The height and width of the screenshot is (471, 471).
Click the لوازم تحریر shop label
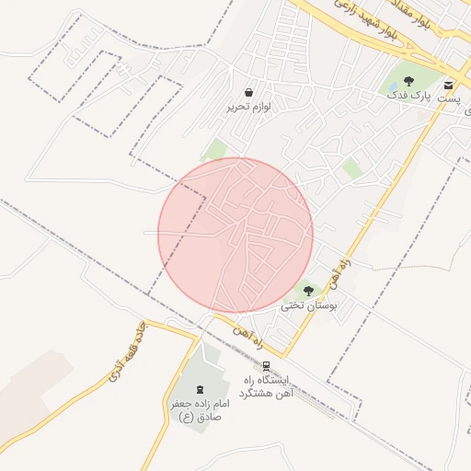click(x=249, y=107)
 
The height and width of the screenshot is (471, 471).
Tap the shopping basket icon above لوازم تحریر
click(x=249, y=93)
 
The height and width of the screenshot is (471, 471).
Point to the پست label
click(x=448, y=98)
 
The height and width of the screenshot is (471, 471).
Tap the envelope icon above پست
click(x=448, y=85)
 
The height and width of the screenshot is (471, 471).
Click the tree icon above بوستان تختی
click(x=308, y=291)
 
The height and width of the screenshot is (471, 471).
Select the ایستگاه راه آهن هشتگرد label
click(x=266, y=386)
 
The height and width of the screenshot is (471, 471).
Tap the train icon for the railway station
click(x=267, y=366)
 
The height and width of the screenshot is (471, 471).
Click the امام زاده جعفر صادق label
click(x=199, y=409)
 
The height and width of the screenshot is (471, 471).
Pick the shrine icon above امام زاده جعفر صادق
click(x=200, y=389)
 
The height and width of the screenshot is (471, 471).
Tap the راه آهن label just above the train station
click(x=248, y=335)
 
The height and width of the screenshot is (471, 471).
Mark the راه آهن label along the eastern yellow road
click(x=346, y=253)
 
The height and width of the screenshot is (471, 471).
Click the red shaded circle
click(x=235, y=235)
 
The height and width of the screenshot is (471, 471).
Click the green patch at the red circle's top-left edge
click(x=214, y=150)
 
